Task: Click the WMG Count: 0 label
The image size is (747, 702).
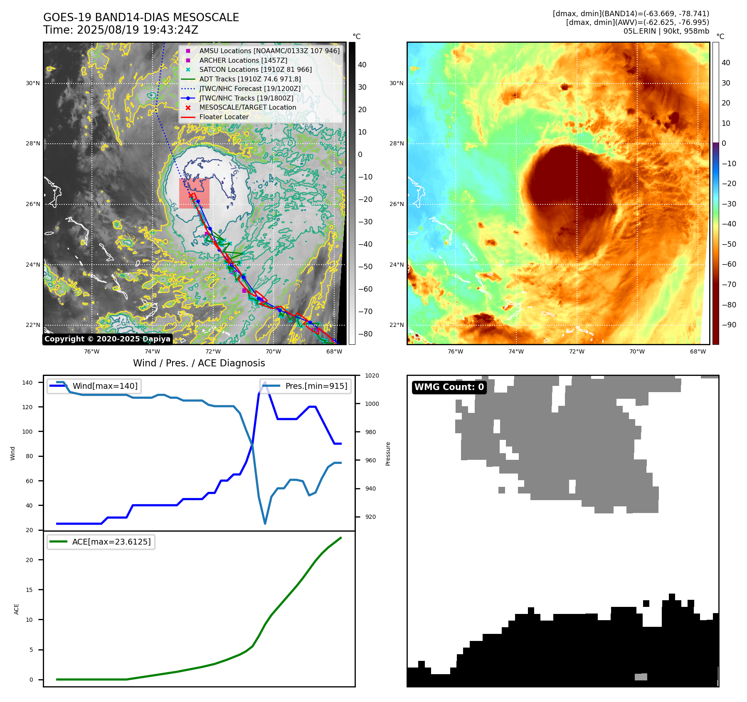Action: (449, 387)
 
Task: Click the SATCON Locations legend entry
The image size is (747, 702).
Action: (255, 70)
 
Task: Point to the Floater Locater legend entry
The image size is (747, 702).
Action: (224, 117)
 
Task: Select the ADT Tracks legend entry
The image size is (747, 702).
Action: (250, 79)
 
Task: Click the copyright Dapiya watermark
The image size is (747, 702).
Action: (107, 339)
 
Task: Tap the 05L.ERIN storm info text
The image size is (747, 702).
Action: (666, 31)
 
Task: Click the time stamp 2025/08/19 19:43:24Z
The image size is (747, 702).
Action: (121, 30)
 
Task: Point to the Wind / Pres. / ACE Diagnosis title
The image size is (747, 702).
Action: (199, 363)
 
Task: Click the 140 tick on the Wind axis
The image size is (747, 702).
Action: (27, 383)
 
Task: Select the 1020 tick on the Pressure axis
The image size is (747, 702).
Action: (372, 376)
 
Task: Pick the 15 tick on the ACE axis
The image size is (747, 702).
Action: (29, 590)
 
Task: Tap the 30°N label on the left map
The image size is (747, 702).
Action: (33, 83)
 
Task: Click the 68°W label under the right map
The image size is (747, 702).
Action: (698, 351)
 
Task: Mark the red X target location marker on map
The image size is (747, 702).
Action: (191, 195)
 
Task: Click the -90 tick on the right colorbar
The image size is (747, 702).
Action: (729, 325)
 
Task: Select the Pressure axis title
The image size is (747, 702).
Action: (388, 454)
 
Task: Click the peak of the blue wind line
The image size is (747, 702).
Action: (265, 382)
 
